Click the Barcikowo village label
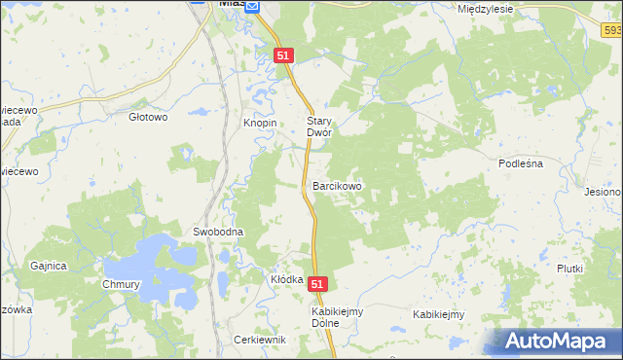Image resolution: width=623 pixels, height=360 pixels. [337, 185]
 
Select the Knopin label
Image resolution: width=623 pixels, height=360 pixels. [260, 124]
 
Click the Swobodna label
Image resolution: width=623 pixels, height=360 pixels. [217, 233]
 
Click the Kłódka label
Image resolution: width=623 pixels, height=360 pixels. [287, 279]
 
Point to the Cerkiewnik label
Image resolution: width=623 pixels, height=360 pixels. [260, 340]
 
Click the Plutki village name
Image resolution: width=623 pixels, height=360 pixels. [569, 269]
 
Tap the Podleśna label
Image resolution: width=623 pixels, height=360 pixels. [520, 164]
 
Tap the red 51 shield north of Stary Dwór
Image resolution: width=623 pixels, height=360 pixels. [283, 56]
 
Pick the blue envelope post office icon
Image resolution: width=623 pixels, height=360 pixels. [252, 6]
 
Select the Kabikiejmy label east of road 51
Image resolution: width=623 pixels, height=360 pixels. [438, 314]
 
